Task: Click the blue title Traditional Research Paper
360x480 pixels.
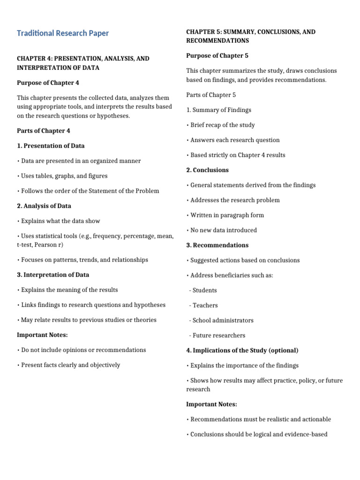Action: [63, 33]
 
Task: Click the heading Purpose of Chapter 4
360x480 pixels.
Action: [48, 83]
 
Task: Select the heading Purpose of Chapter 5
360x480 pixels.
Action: [217, 56]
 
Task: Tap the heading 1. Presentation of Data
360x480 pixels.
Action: [51, 146]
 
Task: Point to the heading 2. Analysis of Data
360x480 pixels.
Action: [44, 206]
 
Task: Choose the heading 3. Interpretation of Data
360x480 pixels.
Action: [53, 275]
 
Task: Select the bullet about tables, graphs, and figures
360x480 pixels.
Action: [62, 176]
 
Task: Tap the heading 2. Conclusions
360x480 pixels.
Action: [208, 170]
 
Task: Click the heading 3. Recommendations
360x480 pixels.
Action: [217, 245]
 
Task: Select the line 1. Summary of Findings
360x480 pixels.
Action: [218, 110]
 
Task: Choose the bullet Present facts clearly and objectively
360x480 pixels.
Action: [68, 365]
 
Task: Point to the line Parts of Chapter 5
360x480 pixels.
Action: [211, 95]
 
